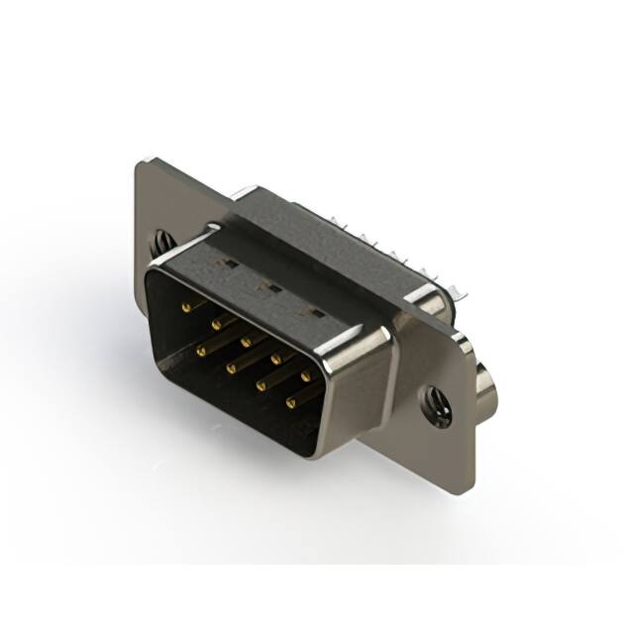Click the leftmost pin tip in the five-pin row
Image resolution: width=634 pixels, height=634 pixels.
click(185, 307)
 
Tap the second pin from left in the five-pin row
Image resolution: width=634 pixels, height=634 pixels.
click(214, 322)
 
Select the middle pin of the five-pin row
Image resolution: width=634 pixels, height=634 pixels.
click(244, 338)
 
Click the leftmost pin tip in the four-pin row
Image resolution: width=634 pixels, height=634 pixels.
click(200, 350)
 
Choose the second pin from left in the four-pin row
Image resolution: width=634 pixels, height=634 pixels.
click(230, 368)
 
